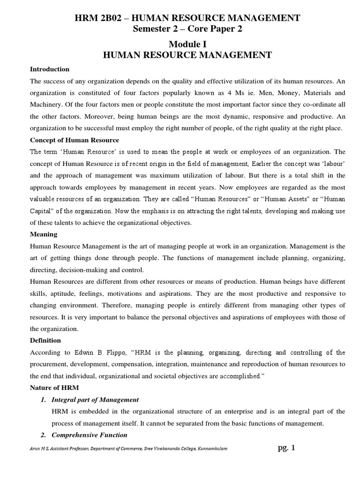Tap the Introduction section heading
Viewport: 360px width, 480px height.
50,69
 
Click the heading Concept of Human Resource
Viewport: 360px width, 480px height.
75,140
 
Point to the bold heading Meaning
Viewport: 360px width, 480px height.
44,233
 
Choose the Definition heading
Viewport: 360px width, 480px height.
45,340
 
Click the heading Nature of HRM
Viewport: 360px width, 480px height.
54,388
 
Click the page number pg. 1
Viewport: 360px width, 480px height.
286,448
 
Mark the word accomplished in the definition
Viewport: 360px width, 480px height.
233,376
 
